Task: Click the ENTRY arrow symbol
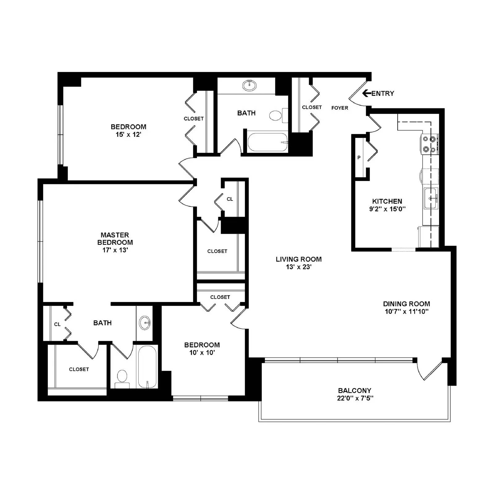(x=366, y=93)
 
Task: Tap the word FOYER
(x=340, y=108)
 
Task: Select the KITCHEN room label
(x=387, y=201)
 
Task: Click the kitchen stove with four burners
(x=430, y=144)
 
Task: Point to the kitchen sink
(x=431, y=198)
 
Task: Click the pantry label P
(x=359, y=157)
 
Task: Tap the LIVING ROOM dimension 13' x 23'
(x=299, y=267)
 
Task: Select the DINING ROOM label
(x=406, y=304)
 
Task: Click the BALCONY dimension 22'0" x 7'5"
(x=355, y=398)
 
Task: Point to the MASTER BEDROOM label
(x=115, y=239)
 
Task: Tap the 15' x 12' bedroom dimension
(x=128, y=135)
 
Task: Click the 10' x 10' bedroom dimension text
(x=202, y=353)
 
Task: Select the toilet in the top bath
(x=276, y=115)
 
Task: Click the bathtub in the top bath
(x=268, y=142)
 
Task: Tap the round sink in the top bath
(x=249, y=85)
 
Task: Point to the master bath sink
(x=144, y=323)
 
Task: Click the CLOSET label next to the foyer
(x=312, y=107)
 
